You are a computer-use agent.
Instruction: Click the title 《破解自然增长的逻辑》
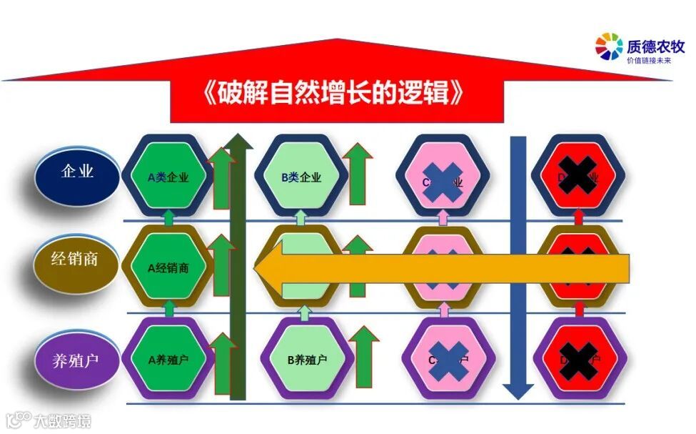tap(337, 94)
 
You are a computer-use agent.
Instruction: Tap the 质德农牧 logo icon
tap(609, 48)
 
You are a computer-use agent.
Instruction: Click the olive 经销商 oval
tap(74, 260)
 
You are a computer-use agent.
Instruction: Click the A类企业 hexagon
tap(168, 177)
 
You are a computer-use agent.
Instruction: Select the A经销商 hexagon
tap(168, 267)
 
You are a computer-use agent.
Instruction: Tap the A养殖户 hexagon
tap(168, 358)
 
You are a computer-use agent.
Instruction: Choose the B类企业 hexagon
tap(301, 177)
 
